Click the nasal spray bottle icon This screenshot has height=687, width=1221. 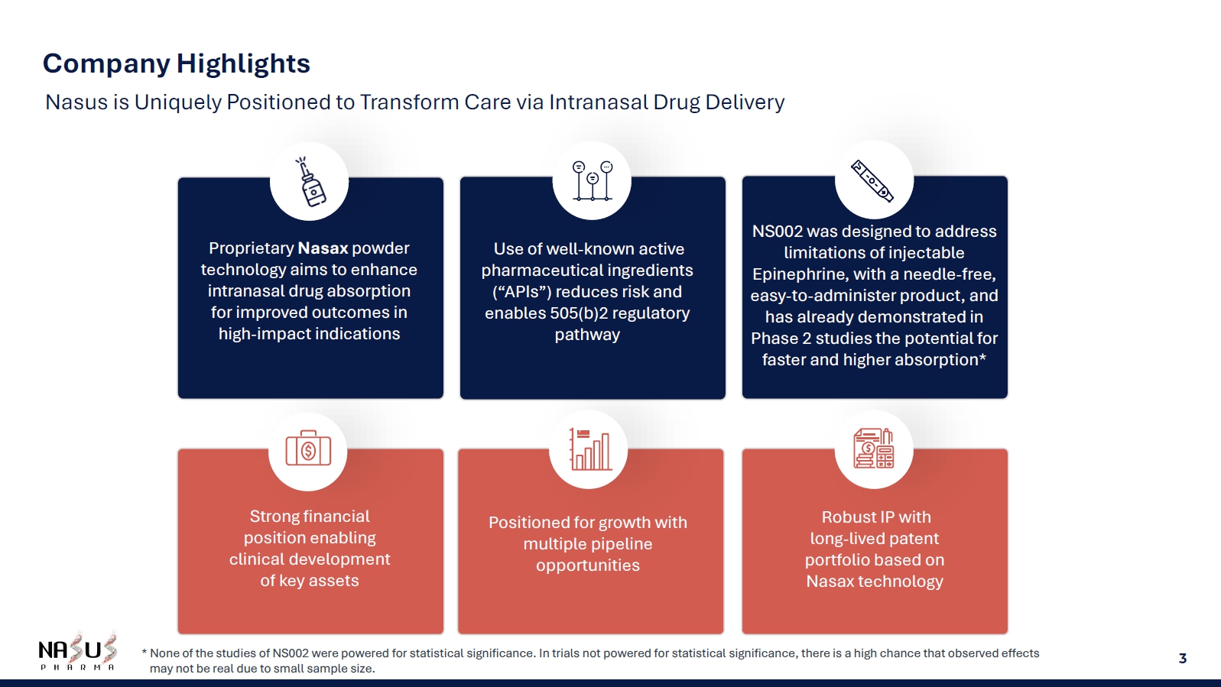[x=310, y=182]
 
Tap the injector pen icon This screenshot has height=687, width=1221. [x=872, y=181]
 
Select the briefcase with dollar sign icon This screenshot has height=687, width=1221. [x=308, y=449]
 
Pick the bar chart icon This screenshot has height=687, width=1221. [x=590, y=449]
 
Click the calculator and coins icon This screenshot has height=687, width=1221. [x=873, y=449]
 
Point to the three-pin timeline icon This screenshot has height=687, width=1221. [x=593, y=181]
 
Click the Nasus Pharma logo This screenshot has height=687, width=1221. [x=77, y=652]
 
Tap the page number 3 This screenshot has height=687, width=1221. [x=1182, y=659]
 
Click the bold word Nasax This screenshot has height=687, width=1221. [x=323, y=248]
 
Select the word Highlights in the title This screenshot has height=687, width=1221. [x=243, y=63]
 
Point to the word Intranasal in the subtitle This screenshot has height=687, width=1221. [x=598, y=102]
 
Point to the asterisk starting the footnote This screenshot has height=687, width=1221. [x=144, y=652]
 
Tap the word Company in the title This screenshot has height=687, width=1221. [x=107, y=64]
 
